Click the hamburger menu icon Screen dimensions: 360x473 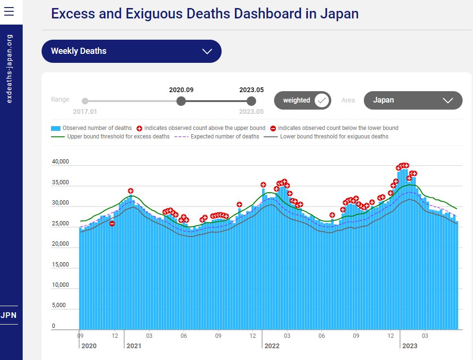point(9,12)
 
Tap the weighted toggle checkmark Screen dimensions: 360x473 point(322,100)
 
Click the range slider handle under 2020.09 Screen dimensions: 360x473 point(181,101)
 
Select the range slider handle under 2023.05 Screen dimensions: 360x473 point(251,101)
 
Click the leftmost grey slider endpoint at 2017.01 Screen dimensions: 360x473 point(85,101)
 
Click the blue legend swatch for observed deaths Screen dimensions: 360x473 point(56,128)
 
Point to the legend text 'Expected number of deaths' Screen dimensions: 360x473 point(225,137)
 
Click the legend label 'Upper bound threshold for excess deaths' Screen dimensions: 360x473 point(118,137)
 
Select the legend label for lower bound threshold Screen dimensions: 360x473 point(334,137)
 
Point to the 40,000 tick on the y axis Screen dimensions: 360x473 point(60,162)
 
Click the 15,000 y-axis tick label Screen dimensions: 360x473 point(60,265)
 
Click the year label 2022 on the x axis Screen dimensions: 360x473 point(272,346)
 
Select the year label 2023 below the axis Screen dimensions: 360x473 point(409,346)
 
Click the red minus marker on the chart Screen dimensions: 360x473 point(112,223)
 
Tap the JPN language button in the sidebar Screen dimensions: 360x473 point(9,315)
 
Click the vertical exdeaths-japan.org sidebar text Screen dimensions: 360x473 point(10,68)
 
